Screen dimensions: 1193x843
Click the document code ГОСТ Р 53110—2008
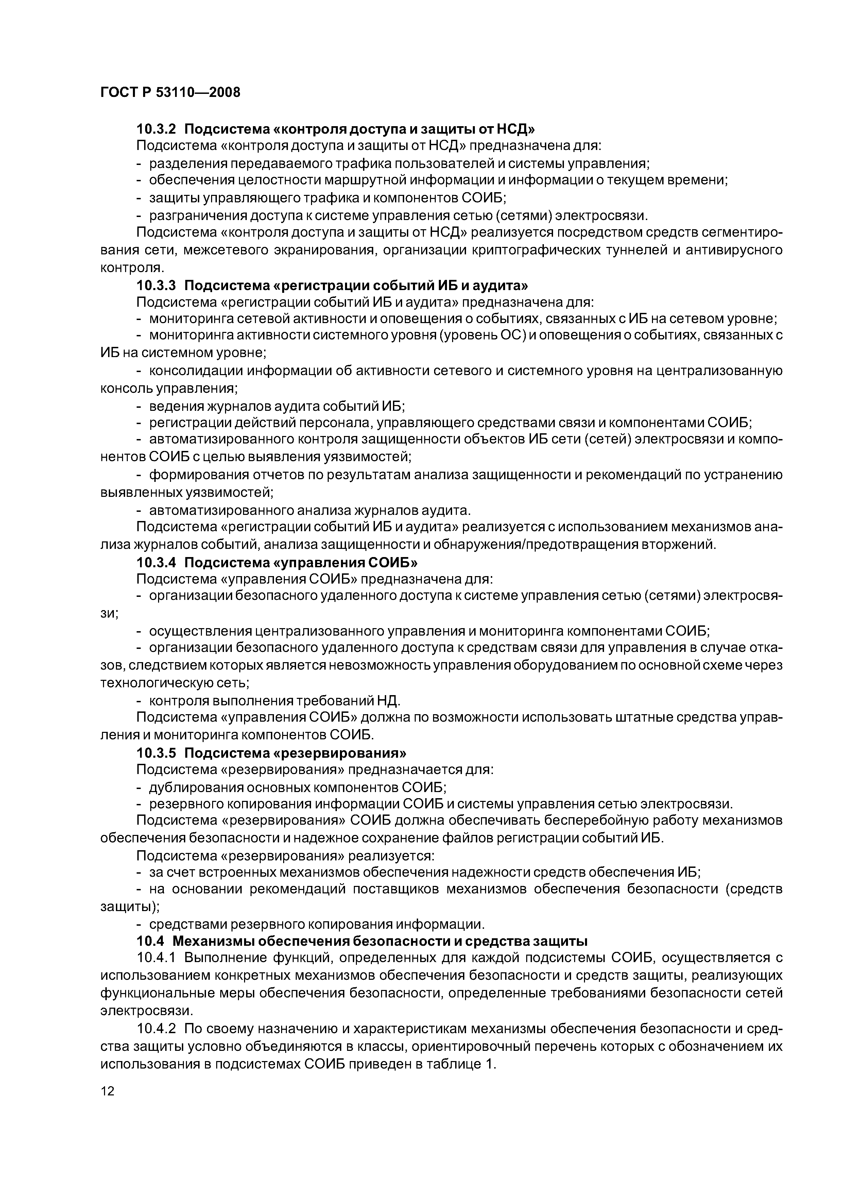point(170,93)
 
